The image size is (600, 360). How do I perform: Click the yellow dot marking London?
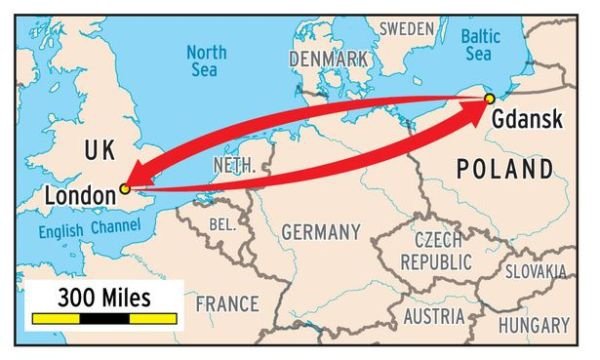125,188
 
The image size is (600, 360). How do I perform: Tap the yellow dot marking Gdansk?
489,98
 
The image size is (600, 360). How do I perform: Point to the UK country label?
100,151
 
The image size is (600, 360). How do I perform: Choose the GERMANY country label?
320,232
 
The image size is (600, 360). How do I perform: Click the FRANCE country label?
227,302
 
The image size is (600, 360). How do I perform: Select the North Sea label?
206,60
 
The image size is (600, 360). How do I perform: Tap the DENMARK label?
328,59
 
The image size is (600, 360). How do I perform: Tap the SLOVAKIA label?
535,271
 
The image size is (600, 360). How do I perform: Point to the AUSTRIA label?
434,317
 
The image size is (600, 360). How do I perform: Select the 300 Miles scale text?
104,297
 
